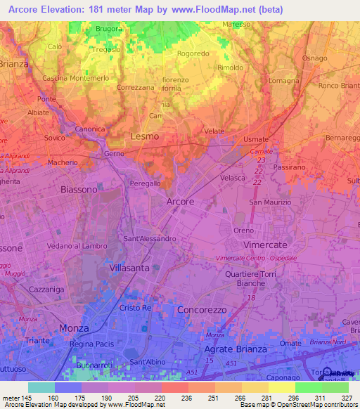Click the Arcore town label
[x=180, y=202]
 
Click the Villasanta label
[x=131, y=268]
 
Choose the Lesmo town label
[x=145, y=136]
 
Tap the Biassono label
[x=79, y=190]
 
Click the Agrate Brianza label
[x=235, y=349]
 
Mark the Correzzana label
[x=136, y=88]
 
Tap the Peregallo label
[x=146, y=183]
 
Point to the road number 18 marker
[x=251, y=298]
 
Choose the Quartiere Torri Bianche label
[x=249, y=278]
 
